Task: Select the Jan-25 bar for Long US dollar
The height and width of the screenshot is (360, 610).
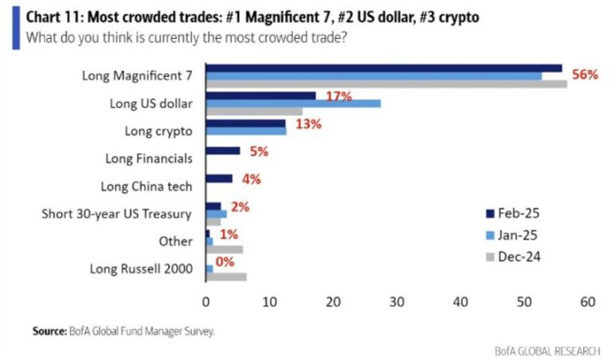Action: coord(293,103)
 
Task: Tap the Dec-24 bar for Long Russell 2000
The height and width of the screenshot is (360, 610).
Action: coord(226,277)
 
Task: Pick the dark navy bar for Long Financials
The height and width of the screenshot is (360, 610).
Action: coord(223,150)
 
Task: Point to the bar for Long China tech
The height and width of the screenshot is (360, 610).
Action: coord(219,179)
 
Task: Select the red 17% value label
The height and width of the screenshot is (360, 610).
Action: coord(338,97)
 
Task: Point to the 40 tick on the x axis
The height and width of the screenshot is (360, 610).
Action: coord(460,302)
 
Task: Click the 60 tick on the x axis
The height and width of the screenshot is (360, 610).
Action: coord(588,302)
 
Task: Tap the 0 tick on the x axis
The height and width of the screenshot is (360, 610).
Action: coord(207,302)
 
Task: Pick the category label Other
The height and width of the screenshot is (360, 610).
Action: coord(176,241)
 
